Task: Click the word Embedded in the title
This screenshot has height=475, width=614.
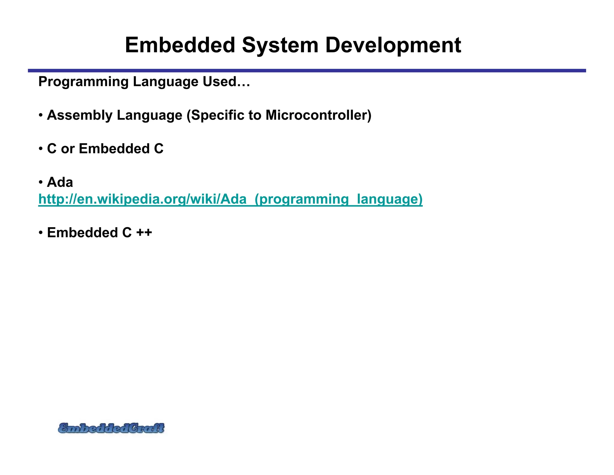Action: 180,45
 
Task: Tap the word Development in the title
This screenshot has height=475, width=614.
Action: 393,46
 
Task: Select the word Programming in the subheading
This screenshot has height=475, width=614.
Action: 83,82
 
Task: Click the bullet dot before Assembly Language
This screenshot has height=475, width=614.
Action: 41,116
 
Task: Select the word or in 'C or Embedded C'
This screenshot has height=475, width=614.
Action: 68,149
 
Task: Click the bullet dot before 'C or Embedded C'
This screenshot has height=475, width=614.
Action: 41,149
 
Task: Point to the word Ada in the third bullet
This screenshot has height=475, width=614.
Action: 60,182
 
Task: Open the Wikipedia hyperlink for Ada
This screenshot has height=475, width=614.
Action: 230,199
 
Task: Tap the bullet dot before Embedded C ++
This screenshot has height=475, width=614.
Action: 41,233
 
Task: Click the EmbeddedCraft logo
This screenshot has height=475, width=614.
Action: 111,428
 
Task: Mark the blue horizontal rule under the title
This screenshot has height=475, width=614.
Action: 307,71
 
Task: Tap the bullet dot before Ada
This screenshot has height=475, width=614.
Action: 41,183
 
